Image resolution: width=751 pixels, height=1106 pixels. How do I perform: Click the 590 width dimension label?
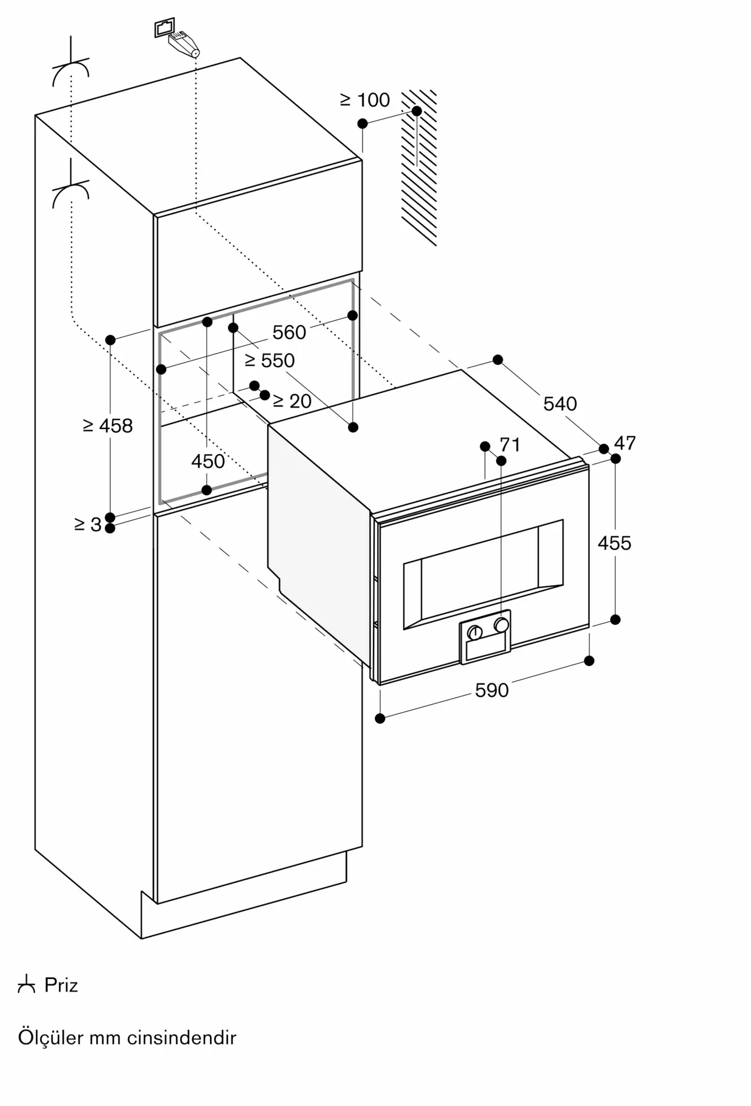[x=491, y=690]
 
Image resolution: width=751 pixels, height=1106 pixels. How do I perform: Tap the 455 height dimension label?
[x=614, y=543]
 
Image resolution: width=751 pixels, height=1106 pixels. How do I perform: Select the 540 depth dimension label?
[x=560, y=404]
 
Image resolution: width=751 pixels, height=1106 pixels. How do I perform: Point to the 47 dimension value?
[x=624, y=443]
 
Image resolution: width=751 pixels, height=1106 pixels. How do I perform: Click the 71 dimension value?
[x=510, y=445]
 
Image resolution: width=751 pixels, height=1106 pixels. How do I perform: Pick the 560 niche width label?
[x=289, y=332]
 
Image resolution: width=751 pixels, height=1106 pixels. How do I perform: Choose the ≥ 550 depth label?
[x=270, y=361]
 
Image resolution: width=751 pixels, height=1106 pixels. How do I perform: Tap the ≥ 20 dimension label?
[x=292, y=401]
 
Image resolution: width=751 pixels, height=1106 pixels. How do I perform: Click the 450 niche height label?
[x=208, y=461]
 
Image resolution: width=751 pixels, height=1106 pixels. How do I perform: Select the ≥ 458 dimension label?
[x=108, y=426]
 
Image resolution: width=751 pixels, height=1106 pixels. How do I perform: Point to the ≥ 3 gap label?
[x=88, y=524]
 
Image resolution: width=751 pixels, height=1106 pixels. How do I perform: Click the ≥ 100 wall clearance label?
[x=365, y=100]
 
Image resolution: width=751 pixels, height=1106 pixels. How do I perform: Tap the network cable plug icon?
[x=178, y=37]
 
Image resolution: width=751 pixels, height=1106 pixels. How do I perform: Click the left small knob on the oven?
[x=475, y=633]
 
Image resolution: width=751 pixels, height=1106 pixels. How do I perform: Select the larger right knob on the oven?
[x=501, y=625]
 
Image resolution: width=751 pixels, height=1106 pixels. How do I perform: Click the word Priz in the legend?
[x=61, y=985]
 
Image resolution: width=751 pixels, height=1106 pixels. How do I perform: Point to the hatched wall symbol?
[x=419, y=167]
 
